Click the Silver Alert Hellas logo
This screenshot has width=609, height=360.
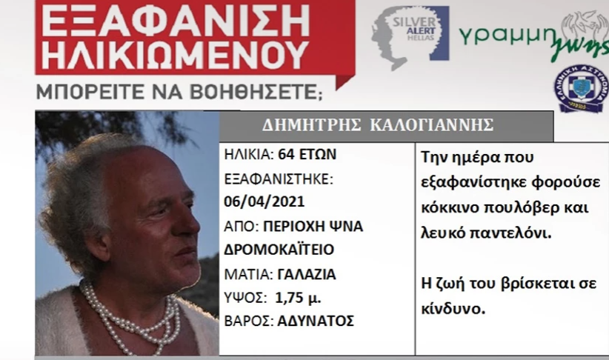click(x=410, y=38)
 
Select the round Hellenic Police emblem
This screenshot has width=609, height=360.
click(x=581, y=88)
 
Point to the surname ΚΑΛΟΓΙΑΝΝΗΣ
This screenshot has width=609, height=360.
click(x=431, y=125)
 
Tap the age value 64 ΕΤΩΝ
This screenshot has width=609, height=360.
click(x=307, y=155)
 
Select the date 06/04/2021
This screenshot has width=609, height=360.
click(x=264, y=201)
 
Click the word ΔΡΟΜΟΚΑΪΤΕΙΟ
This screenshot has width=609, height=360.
click(x=279, y=249)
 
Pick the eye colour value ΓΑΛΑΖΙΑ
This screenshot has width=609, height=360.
click(x=307, y=274)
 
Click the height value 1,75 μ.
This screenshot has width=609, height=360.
click(x=298, y=298)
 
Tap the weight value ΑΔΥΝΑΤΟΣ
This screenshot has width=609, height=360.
click(x=316, y=321)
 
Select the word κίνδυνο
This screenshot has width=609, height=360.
click(x=453, y=309)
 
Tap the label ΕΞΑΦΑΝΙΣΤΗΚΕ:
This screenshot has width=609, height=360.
click(x=279, y=179)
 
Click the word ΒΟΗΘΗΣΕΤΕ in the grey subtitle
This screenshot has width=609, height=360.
click(x=256, y=93)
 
